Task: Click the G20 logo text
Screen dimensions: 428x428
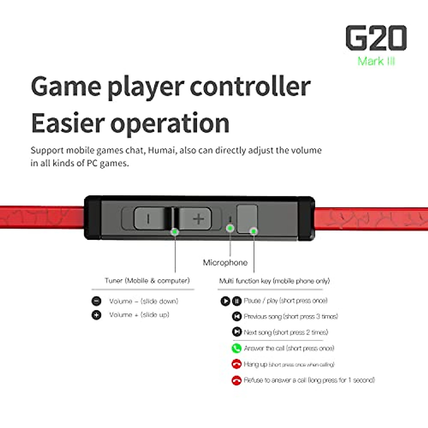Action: point(376,38)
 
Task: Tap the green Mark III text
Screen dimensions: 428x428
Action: point(376,61)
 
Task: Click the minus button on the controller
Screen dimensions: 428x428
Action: point(148,218)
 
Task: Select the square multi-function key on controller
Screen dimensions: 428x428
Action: point(247,218)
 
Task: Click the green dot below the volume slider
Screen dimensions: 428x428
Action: point(175,231)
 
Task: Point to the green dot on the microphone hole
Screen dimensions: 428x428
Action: point(230,228)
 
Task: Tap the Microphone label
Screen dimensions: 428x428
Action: point(225,263)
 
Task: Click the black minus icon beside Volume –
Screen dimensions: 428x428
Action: point(96,301)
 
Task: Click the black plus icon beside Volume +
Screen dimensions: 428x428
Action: point(96,315)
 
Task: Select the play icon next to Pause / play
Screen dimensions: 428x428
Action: point(225,301)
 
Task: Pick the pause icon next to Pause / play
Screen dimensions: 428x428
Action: point(237,301)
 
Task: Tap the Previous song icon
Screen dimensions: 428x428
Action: point(236,316)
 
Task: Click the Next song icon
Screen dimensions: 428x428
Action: point(236,332)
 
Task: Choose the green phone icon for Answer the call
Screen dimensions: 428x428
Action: point(236,348)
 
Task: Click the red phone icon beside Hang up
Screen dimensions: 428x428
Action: point(236,364)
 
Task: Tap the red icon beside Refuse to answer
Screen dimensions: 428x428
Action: point(236,380)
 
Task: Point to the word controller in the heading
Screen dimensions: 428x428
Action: point(250,87)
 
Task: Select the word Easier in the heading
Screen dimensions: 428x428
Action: point(67,123)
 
